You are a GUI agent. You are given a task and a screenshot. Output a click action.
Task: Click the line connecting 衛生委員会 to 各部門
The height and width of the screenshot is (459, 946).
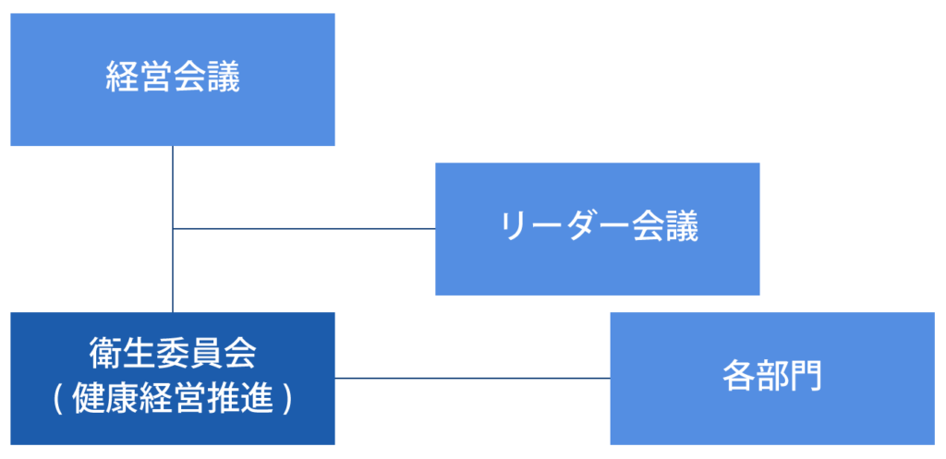(471, 378)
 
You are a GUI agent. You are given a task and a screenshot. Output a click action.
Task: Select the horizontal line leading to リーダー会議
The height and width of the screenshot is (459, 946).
(305, 228)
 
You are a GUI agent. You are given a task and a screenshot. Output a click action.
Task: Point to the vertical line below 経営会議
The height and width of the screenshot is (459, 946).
(173, 185)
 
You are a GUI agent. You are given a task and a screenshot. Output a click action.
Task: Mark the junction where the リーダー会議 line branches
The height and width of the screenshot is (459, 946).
(173, 228)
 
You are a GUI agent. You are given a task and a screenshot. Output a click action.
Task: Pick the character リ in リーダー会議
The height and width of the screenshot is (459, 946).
(513, 228)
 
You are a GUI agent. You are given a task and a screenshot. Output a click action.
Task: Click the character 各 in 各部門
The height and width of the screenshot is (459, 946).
(738, 378)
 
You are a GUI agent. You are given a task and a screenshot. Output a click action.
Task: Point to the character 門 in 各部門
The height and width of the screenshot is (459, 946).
(806, 378)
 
